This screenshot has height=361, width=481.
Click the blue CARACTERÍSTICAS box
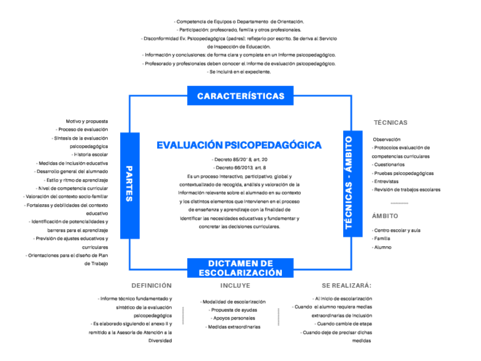click(x=241, y=96)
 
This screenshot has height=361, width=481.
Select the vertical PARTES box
click(x=129, y=184)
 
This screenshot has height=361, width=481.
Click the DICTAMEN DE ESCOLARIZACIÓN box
click(x=241, y=268)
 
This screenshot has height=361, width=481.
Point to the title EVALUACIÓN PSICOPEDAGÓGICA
click(x=239, y=145)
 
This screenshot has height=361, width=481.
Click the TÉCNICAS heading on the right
click(x=390, y=123)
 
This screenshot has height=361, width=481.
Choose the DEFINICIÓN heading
click(x=151, y=286)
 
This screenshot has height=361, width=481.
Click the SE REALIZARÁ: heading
click(x=346, y=286)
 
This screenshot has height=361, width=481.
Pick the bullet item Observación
click(x=387, y=139)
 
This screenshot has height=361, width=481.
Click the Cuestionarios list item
click(x=389, y=165)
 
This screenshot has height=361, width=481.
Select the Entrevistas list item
click(x=386, y=181)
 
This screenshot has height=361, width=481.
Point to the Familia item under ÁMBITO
click(x=381, y=239)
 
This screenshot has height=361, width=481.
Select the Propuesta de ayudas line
click(x=233, y=310)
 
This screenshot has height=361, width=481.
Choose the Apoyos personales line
click(x=233, y=318)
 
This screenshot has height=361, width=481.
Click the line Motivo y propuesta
click(x=87, y=121)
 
